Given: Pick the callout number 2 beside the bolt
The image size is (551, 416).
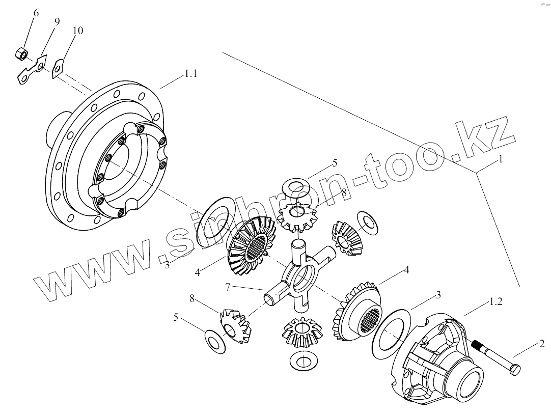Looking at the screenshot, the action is pyautogui.click(x=542, y=344).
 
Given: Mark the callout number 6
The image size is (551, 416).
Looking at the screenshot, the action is pyautogui.click(x=36, y=13).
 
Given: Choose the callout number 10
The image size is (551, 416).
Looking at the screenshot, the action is pyautogui.click(x=77, y=31).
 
